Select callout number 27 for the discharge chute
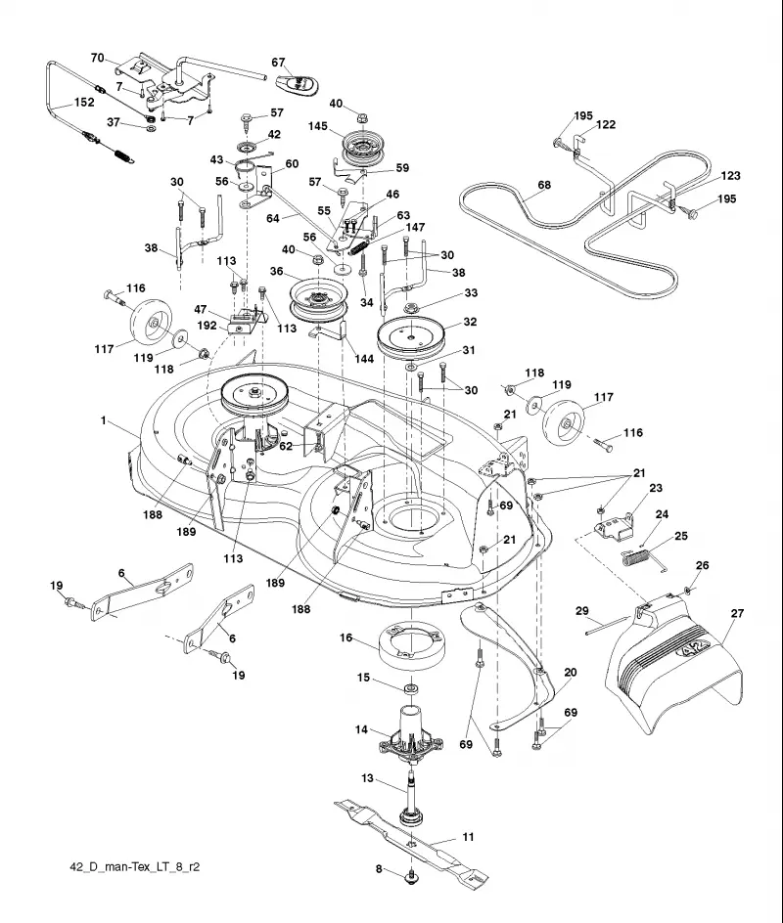pos(737,613)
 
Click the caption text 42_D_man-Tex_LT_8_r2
pos(135,867)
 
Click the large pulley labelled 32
pos(413,337)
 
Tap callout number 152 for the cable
pos(84,102)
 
